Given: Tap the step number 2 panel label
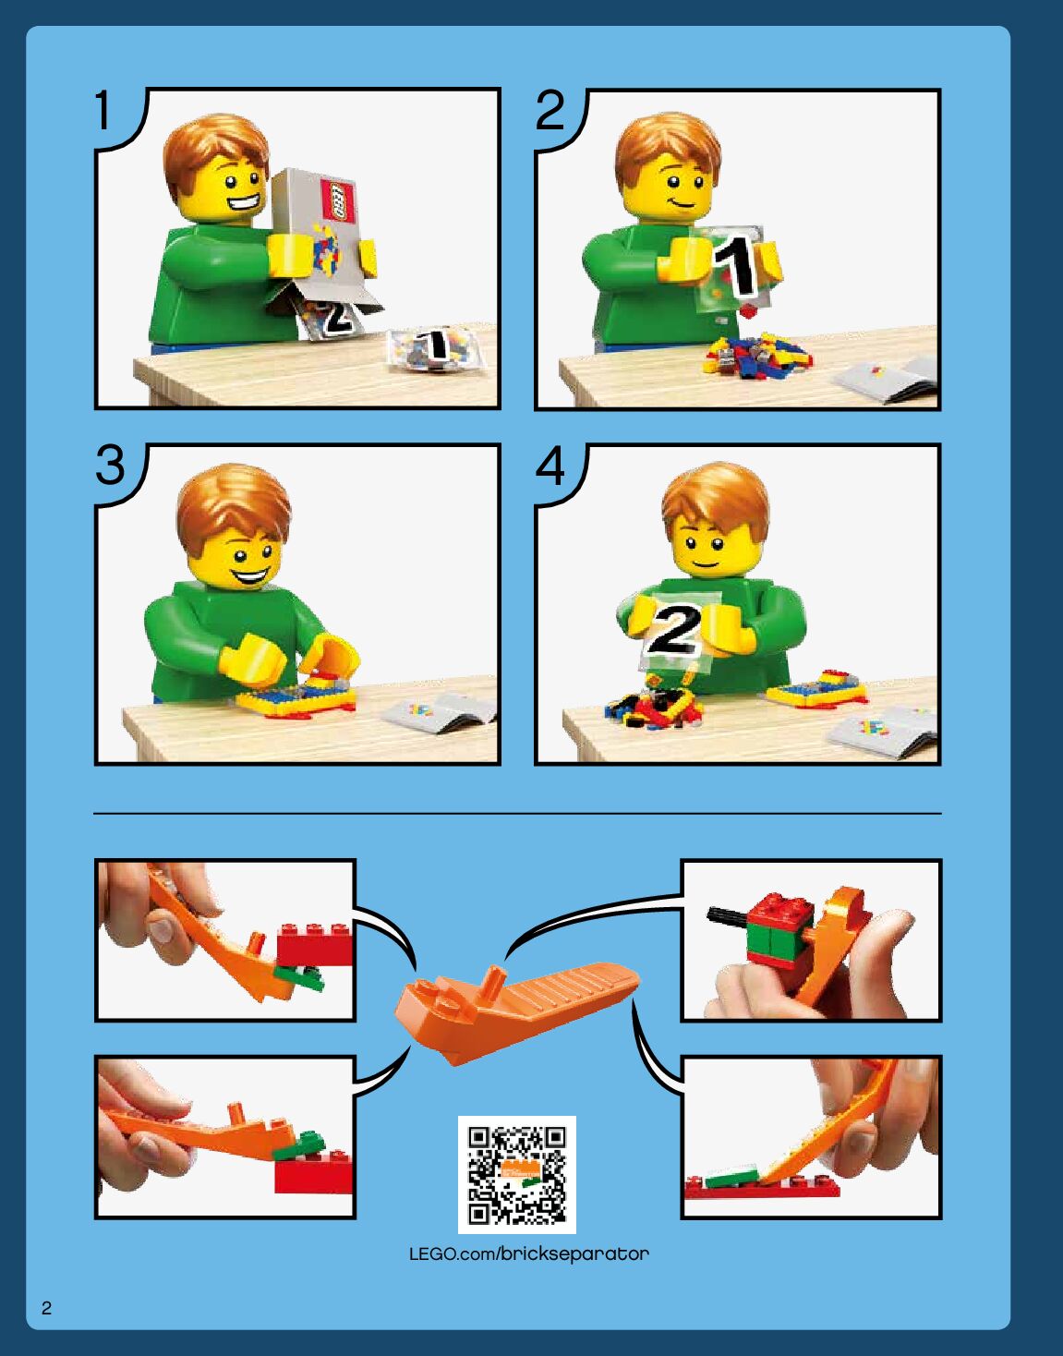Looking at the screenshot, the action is (550, 111).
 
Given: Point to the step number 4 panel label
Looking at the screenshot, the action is (550, 466).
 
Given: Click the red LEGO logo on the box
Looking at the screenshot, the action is (337, 200).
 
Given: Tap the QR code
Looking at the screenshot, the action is (517, 1175).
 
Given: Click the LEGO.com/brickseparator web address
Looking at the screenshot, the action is (529, 1253).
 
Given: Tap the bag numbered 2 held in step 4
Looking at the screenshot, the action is (675, 632).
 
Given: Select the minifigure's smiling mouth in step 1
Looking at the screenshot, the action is (244, 203).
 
